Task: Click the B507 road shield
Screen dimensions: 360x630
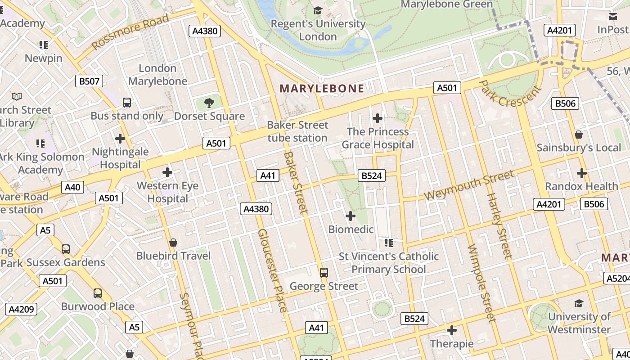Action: tap(89, 81)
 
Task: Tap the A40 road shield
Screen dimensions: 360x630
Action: tap(72, 187)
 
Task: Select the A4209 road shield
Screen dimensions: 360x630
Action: tap(21, 309)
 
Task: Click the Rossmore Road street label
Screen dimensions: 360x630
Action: tap(130, 31)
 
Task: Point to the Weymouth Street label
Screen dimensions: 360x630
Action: tap(468, 185)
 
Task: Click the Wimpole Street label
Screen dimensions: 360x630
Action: tap(481, 283)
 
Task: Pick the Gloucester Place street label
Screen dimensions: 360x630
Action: tap(272, 270)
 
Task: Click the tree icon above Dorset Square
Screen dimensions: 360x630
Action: tap(209, 103)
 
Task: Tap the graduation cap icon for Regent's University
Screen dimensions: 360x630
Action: tap(318, 10)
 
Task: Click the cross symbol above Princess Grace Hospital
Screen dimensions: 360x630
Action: tap(378, 119)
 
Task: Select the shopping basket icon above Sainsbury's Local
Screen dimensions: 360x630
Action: tap(579, 135)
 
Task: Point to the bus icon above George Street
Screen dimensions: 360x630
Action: tap(324, 273)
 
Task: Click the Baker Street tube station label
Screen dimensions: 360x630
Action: tap(297, 131)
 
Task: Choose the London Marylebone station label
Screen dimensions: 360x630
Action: tap(157, 75)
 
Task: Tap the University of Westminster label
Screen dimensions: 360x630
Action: tap(579, 323)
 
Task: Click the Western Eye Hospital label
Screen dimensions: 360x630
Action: tap(168, 192)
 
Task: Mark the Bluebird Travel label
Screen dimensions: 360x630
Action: tap(173, 256)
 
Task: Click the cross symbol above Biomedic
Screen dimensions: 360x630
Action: tap(351, 216)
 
